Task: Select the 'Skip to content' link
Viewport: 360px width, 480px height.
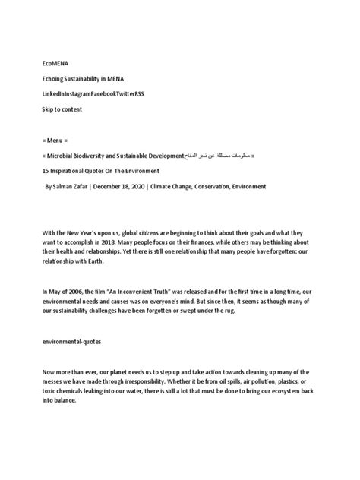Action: (x=62, y=109)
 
